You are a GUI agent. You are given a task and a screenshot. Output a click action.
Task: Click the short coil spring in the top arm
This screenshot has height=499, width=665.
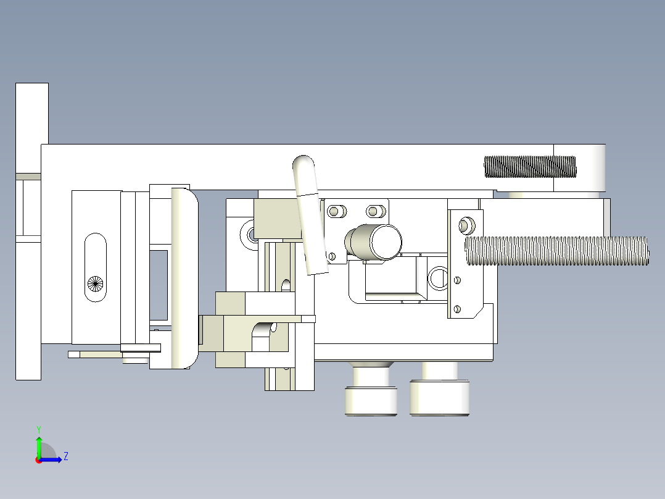click(529, 166)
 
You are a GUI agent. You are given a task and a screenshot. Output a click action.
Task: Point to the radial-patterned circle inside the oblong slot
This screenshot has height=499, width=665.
click(95, 283)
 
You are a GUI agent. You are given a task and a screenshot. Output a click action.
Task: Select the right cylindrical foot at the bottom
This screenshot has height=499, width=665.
click(439, 398)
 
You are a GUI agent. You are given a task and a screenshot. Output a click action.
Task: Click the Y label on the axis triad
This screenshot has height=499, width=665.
click(38, 429)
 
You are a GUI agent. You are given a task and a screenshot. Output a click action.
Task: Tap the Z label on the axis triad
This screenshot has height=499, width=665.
click(65, 456)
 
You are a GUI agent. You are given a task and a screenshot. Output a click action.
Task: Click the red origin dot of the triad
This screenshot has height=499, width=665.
click(38, 460)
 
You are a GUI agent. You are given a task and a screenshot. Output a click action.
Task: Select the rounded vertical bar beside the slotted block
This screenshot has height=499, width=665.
click(184, 278)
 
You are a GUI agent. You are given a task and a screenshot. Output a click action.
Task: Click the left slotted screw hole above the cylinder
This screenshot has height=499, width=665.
click(336, 211)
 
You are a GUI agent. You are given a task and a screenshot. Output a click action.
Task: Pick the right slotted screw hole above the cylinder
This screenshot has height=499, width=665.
click(373, 211)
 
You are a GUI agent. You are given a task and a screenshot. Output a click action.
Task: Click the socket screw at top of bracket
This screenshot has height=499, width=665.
click(467, 223)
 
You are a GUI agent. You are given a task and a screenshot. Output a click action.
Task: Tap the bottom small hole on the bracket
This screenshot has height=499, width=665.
click(457, 308)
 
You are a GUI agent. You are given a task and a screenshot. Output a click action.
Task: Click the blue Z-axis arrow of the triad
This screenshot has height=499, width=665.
click(53, 459)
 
